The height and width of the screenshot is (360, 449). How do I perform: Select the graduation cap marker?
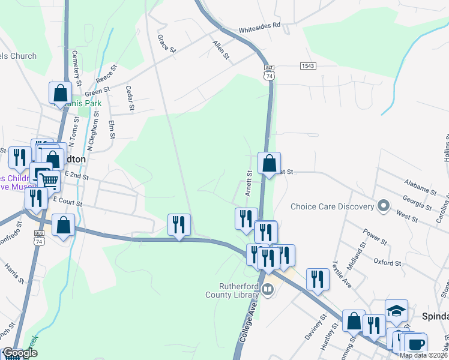tap(396, 311)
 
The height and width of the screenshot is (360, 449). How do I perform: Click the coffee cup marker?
tap(415, 344)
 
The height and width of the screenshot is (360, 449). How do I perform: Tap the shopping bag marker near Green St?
tap(60, 93)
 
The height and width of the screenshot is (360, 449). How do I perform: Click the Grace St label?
tap(165, 43)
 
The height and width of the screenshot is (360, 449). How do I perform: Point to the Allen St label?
tap(220, 49)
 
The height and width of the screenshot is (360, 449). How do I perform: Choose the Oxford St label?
tap(387, 263)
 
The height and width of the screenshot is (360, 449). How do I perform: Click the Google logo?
tap(19, 353)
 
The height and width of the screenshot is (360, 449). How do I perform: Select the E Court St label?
tap(67, 200)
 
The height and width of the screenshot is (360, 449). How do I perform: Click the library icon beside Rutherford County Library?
tap(267, 290)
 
